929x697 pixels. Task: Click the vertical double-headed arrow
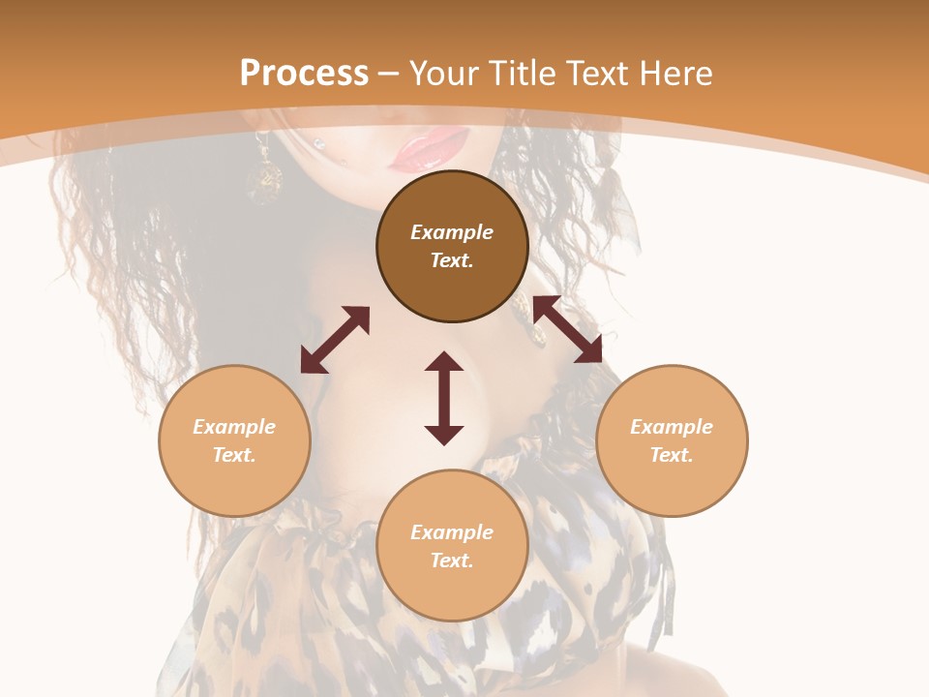point(444,398)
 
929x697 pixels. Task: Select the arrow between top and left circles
point(335,340)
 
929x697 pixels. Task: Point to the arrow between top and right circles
point(567,329)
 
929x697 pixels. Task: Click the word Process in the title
point(304,73)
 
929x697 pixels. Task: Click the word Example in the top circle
point(452,232)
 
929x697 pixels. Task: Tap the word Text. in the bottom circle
point(452,561)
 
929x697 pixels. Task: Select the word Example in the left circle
point(234,427)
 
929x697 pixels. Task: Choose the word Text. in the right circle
point(672,455)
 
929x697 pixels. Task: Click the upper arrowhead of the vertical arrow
point(444,362)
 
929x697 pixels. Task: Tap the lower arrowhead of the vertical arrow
point(444,435)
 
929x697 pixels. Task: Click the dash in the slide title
point(388,74)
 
